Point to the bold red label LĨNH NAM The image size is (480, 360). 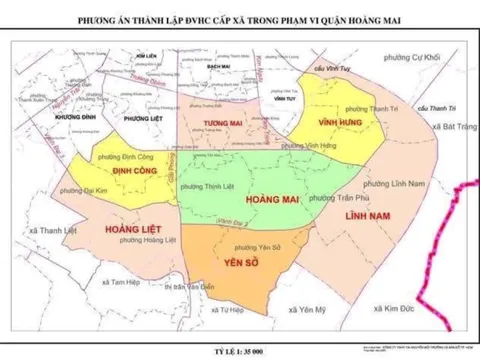363,216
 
